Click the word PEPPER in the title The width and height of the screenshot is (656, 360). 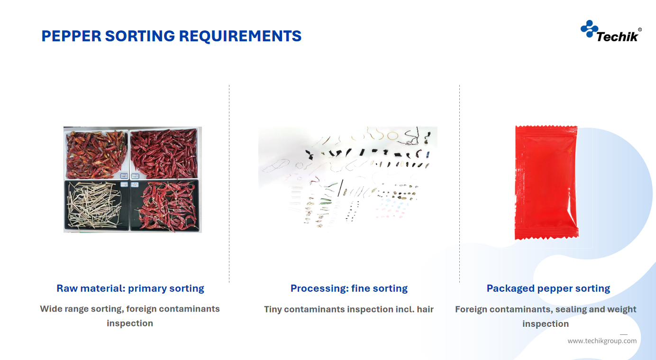pyautogui.click(x=72, y=36)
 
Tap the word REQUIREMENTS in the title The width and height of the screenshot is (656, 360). pyautogui.click(x=240, y=36)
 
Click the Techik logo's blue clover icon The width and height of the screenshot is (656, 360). pyautogui.click(x=589, y=29)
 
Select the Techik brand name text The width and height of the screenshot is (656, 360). pyautogui.click(x=617, y=37)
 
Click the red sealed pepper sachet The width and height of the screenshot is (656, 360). pyautogui.click(x=547, y=182)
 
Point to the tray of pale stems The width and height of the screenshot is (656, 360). pyautogui.click(x=96, y=205)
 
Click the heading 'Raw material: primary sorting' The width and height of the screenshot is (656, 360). pyautogui.click(x=130, y=288)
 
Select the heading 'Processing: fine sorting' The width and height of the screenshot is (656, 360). pyautogui.click(x=349, y=288)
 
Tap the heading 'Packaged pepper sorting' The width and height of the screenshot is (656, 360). pyautogui.click(x=548, y=288)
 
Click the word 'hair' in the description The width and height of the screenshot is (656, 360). pyautogui.click(x=425, y=309)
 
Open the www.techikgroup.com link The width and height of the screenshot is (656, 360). pyautogui.click(x=602, y=341)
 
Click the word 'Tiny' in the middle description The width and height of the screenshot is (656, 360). pyautogui.click(x=273, y=310)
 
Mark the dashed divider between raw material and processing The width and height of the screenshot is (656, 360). pyautogui.click(x=229, y=184)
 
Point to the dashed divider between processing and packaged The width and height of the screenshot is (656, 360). pyautogui.click(x=459, y=184)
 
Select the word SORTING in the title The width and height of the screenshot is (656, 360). pyautogui.click(x=140, y=36)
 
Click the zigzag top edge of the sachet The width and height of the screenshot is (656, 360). pyautogui.click(x=547, y=127)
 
